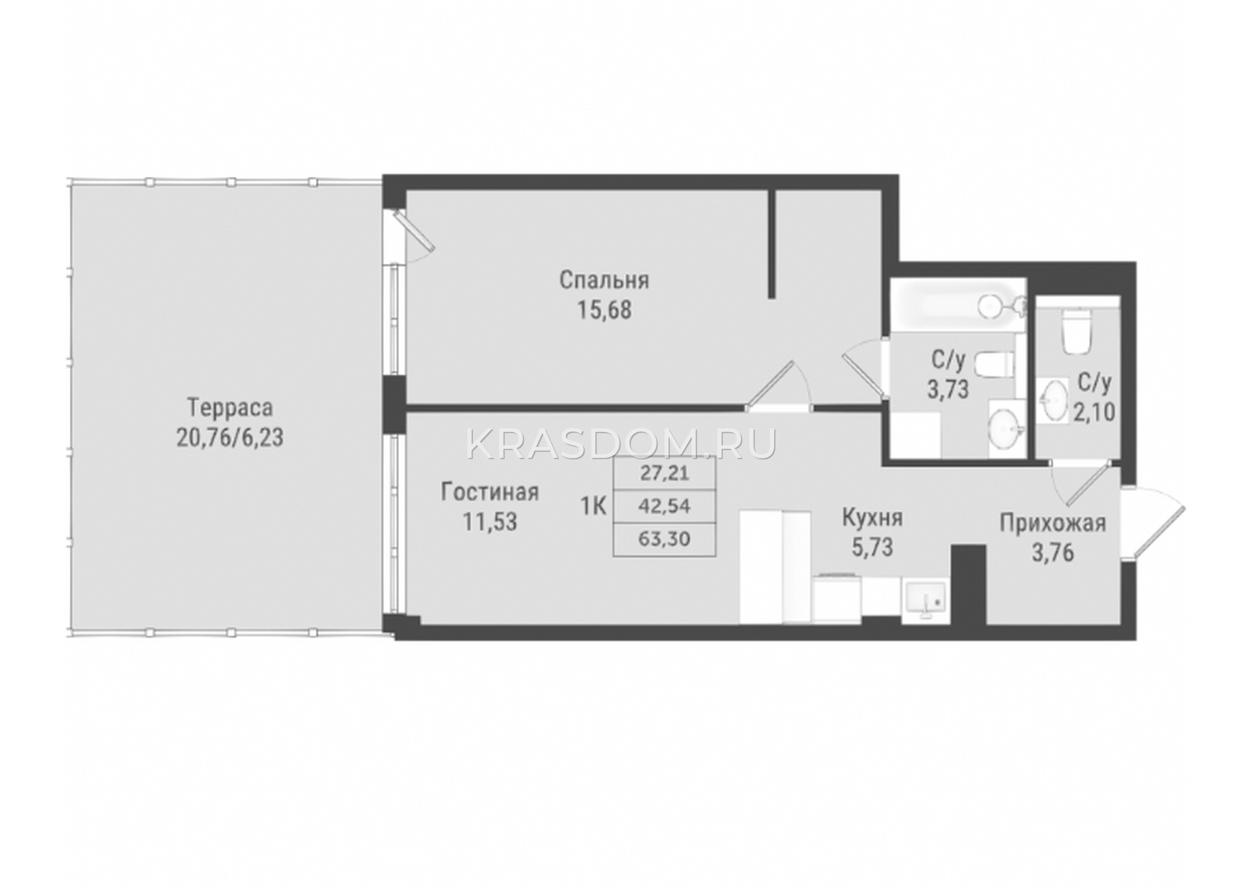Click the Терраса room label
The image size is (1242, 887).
click(230, 408)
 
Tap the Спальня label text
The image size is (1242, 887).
click(604, 280)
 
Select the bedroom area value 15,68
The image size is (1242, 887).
click(605, 310)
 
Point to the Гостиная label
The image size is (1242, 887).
click(490, 492)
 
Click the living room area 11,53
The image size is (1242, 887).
click(490, 522)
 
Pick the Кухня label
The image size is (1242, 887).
click(873, 518)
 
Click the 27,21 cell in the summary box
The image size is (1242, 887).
click(664, 473)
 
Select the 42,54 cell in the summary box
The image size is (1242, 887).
click(664, 506)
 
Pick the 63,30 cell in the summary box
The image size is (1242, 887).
click(664, 539)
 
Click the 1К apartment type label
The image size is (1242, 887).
click(594, 506)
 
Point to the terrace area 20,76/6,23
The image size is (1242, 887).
click(230, 438)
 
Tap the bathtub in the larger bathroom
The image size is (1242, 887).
click(956, 307)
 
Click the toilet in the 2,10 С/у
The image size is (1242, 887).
click(1076, 331)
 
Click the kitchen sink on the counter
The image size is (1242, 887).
click(926, 601)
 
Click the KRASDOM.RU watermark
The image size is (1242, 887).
click(621, 443)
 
